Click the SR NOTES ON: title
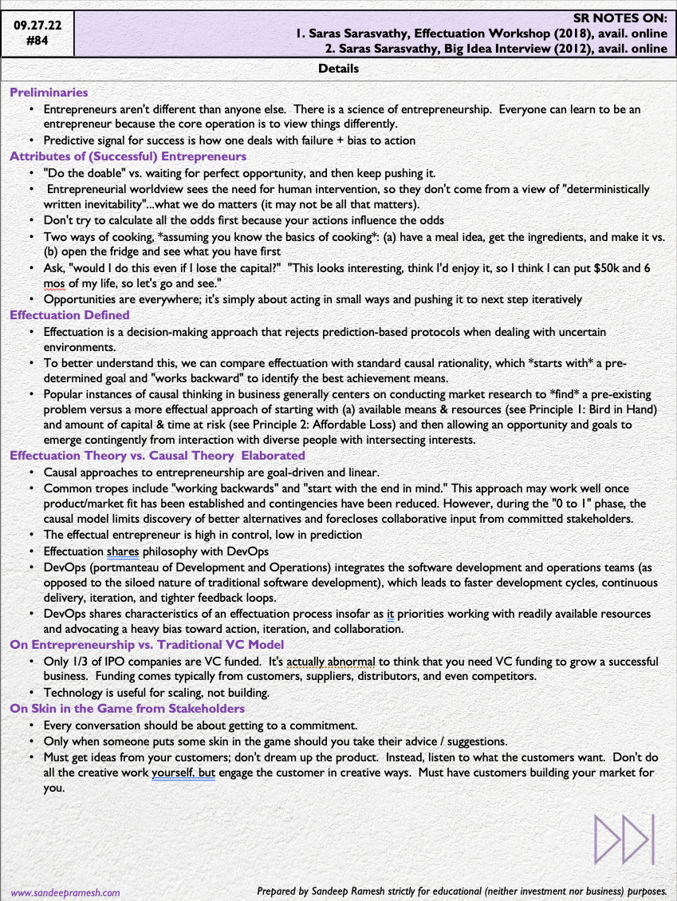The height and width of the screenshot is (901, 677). click(x=620, y=18)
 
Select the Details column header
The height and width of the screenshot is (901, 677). click(x=338, y=69)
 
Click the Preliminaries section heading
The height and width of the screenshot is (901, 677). click(x=49, y=93)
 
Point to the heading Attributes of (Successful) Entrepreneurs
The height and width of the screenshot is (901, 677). click(x=128, y=156)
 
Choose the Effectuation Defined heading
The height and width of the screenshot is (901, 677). click(x=69, y=315)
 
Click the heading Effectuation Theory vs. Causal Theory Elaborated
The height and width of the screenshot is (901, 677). click(x=146, y=456)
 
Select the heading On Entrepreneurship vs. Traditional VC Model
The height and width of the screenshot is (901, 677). click(x=147, y=645)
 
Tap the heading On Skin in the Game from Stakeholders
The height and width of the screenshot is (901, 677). click(x=128, y=708)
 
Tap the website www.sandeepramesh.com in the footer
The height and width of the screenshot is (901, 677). click(x=65, y=893)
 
